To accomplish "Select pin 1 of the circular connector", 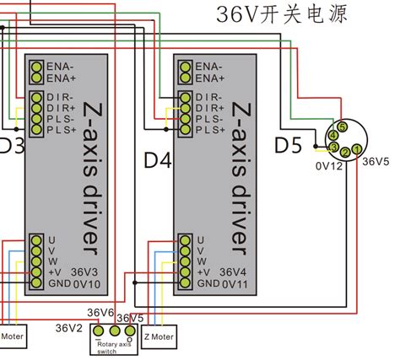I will pos(356,151).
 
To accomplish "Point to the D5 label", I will pos(287,145).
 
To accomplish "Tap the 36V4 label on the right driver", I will pos(233,272).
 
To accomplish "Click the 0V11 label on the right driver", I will pos(233,284).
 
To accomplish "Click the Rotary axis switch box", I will pos(113,341).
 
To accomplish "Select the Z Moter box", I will pos(159,336).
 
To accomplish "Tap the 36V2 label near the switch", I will pos(69,327).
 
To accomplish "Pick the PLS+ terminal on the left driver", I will pos(37,130).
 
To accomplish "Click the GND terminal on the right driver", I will pos(184,283).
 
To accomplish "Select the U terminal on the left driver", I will pos(37,239).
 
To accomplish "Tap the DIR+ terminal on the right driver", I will pos(184,108).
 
